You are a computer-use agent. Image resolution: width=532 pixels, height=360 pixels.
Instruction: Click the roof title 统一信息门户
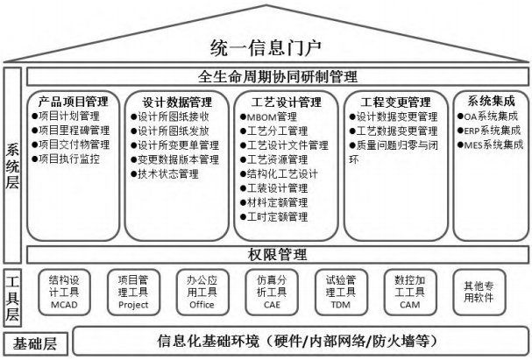coord(266,47)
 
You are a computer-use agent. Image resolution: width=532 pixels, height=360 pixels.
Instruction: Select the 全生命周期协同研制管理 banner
coord(278,76)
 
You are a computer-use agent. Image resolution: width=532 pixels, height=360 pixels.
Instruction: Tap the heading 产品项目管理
coord(74,102)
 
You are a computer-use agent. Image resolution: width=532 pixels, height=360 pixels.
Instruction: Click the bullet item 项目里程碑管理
coord(71,131)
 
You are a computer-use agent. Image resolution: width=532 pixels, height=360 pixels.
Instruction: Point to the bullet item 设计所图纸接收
coord(170,116)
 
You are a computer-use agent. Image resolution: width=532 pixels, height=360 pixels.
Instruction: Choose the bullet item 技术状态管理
coord(165,174)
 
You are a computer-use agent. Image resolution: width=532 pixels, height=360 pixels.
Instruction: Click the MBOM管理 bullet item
coord(269,117)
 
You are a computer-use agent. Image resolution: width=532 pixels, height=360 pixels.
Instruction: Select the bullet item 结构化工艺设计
coord(280,174)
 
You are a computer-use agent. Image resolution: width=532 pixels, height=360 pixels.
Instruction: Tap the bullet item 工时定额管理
coord(274,216)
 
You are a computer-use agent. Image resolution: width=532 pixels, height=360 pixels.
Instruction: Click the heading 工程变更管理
coord(395,102)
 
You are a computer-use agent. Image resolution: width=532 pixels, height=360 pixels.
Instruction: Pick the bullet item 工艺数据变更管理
coord(394,131)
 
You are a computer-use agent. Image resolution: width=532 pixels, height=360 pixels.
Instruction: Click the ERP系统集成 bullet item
coord(489,131)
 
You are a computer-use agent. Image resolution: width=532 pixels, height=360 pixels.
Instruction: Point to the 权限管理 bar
coord(278,255)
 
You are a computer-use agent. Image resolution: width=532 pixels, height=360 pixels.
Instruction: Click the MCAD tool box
coord(64,293)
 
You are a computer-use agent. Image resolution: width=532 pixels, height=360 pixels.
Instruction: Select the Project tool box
coord(133,293)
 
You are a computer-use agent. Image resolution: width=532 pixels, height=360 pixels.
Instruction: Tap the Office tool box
coord(202,293)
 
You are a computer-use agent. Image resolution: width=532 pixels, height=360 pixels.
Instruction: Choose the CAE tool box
coord(272,293)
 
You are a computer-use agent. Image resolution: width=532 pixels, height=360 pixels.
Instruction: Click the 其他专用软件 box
coord(479,293)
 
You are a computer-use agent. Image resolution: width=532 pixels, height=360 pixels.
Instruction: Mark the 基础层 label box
coord(35,343)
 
